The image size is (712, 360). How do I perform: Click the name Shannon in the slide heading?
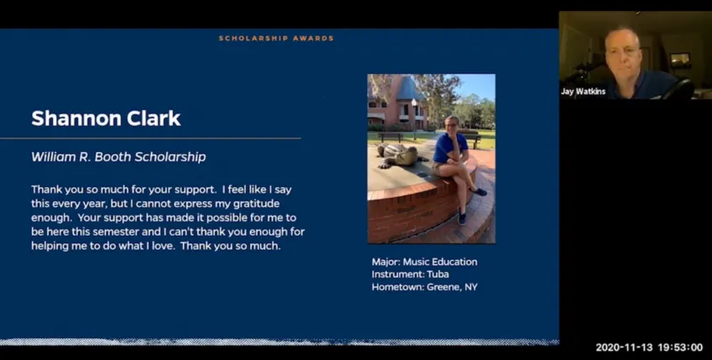click(x=69, y=118)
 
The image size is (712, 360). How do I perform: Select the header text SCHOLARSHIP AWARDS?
click(x=276, y=38)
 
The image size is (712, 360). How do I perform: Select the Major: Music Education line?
click(x=424, y=262)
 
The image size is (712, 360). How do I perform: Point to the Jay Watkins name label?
click(x=583, y=91)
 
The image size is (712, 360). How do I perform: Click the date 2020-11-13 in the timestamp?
click(x=620, y=347)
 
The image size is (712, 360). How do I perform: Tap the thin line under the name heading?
click(x=151, y=138)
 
